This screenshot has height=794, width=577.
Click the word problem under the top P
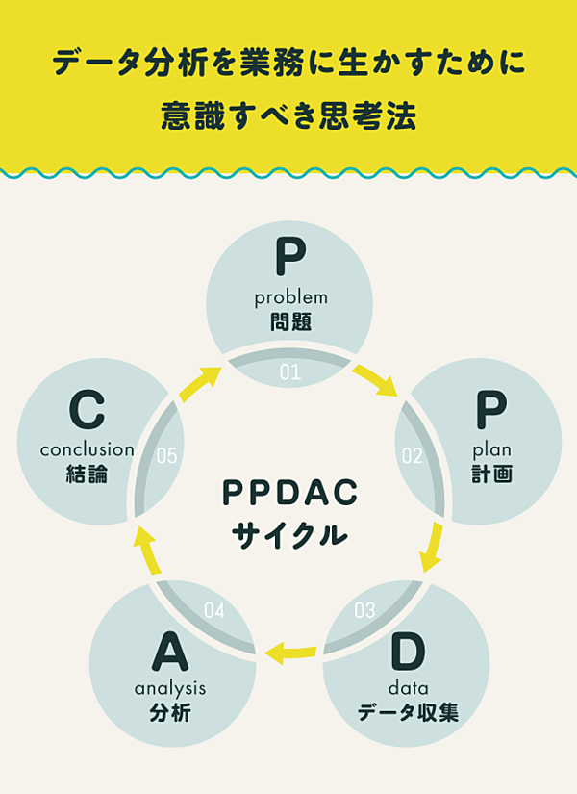pos(290,297)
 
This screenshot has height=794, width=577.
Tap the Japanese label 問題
pos(290,321)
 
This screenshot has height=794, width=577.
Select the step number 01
pos(290,371)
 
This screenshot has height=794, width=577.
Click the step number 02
pos(413,455)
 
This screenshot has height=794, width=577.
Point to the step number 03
pos(364,609)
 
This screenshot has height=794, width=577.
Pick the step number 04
pos(214,610)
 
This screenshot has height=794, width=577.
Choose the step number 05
pos(166,455)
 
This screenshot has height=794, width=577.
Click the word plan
pos(491,449)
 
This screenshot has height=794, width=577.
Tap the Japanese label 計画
pos(491,474)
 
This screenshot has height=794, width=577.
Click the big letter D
pos(408,653)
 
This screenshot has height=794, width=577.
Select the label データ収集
pos(408,713)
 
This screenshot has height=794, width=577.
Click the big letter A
pos(170,653)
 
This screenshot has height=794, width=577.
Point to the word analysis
pos(170,688)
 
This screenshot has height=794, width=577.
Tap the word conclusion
pos(87,449)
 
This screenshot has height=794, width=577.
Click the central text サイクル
pos(290,534)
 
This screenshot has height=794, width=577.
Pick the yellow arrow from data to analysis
pos(291,653)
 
